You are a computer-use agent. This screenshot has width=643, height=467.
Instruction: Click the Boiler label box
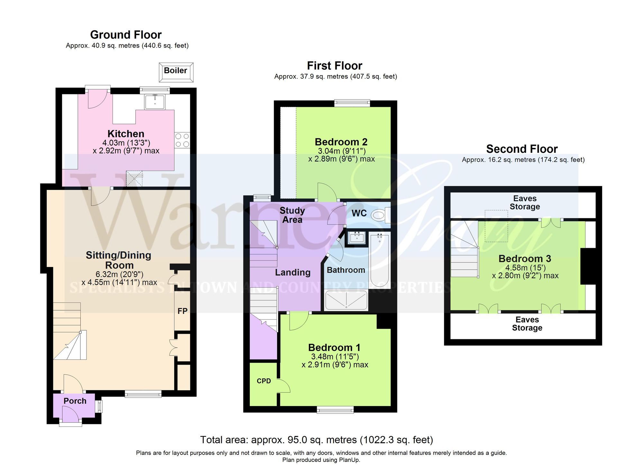(x=176, y=71)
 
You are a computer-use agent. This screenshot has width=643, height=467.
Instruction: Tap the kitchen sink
(x=155, y=102)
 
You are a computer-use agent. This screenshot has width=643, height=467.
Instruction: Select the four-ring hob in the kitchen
(x=182, y=140)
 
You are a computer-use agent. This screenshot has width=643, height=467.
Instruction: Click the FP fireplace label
(x=182, y=311)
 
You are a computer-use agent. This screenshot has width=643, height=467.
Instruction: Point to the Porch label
(x=75, y=401)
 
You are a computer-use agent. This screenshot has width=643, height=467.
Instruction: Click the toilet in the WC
(x=379, y=215)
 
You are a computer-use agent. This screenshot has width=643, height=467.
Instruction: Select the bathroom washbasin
(x=357, y=238)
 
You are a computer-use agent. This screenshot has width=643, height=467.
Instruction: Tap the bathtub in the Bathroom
(x=380, y=260)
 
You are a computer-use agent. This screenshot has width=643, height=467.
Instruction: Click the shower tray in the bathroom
(x=346, y=300)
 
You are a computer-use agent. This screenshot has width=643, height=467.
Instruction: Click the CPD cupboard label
(x=264, y=381)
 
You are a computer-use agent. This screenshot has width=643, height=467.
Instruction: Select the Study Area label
(x=292, y=215)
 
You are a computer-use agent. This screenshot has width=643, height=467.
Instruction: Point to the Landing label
(x=293, y=272)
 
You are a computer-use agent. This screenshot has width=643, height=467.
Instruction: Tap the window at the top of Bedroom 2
(x=352, y=103)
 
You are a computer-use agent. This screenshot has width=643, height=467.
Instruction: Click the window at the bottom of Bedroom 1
(x=335, y=410)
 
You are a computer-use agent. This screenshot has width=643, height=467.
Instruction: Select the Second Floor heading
(x=521, y=149)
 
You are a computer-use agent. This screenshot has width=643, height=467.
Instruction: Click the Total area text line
(x=316, y=440)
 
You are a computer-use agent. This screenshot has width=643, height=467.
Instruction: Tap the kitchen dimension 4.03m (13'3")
(x=126, y=143)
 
